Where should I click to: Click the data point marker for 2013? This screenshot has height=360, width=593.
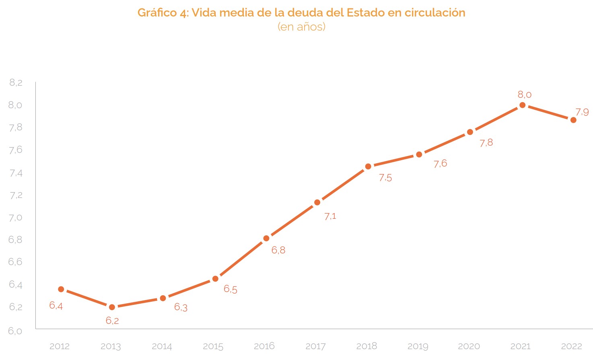[x=112, y=307]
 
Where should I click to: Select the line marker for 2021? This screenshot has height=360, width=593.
[x=523, y=105]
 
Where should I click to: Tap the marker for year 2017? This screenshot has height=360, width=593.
[x=317, y=202]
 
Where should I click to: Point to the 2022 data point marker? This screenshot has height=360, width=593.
[x=573, y=120]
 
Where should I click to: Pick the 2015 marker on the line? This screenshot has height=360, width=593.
[x=215, y=279]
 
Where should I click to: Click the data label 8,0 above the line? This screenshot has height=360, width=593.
[x=524, y=95]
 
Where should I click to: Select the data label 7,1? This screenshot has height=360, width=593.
[x=330, y=216]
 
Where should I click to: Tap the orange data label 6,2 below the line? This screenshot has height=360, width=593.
[x=112, y=321]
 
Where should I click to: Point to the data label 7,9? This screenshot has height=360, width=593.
[x=582, y=112]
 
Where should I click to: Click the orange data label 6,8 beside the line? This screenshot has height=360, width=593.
[x=278, y=250]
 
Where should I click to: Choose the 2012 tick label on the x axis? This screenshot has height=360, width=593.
[x=60, y=346]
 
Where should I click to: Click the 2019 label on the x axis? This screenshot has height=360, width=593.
[x=418, y=346]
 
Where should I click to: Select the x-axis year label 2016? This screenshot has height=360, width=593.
[x=264, y=346]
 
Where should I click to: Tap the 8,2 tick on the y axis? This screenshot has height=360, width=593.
[x=16, y=83]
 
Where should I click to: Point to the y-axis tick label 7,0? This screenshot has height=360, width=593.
[x=16, y=218]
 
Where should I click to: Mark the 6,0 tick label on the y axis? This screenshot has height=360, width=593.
[x=16, y=331]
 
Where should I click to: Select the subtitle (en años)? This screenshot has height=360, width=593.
[x=301, y=27]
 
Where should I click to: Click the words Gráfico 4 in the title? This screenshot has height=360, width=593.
[x=163, y=13]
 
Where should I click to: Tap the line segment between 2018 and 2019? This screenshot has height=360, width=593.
[x=393, y=160]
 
